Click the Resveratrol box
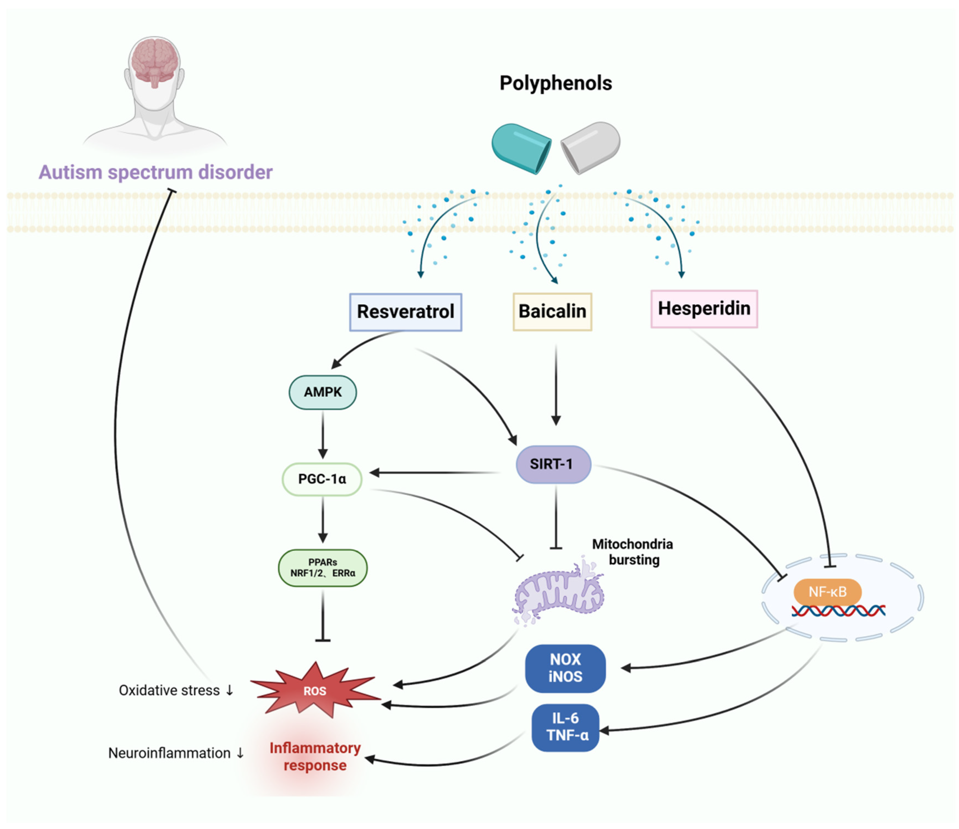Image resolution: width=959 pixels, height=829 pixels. pos(405,312)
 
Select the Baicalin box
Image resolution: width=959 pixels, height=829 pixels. pos(552,311)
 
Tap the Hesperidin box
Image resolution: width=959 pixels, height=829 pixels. pos(704,309)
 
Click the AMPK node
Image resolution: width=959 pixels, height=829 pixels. pos(323,392)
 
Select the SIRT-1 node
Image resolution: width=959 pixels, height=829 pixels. pos(553,464)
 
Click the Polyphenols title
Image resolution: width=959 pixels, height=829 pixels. pos(555,83)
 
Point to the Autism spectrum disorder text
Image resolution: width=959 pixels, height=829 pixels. pos(155,172)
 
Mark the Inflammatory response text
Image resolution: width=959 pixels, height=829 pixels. pos(315,756)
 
